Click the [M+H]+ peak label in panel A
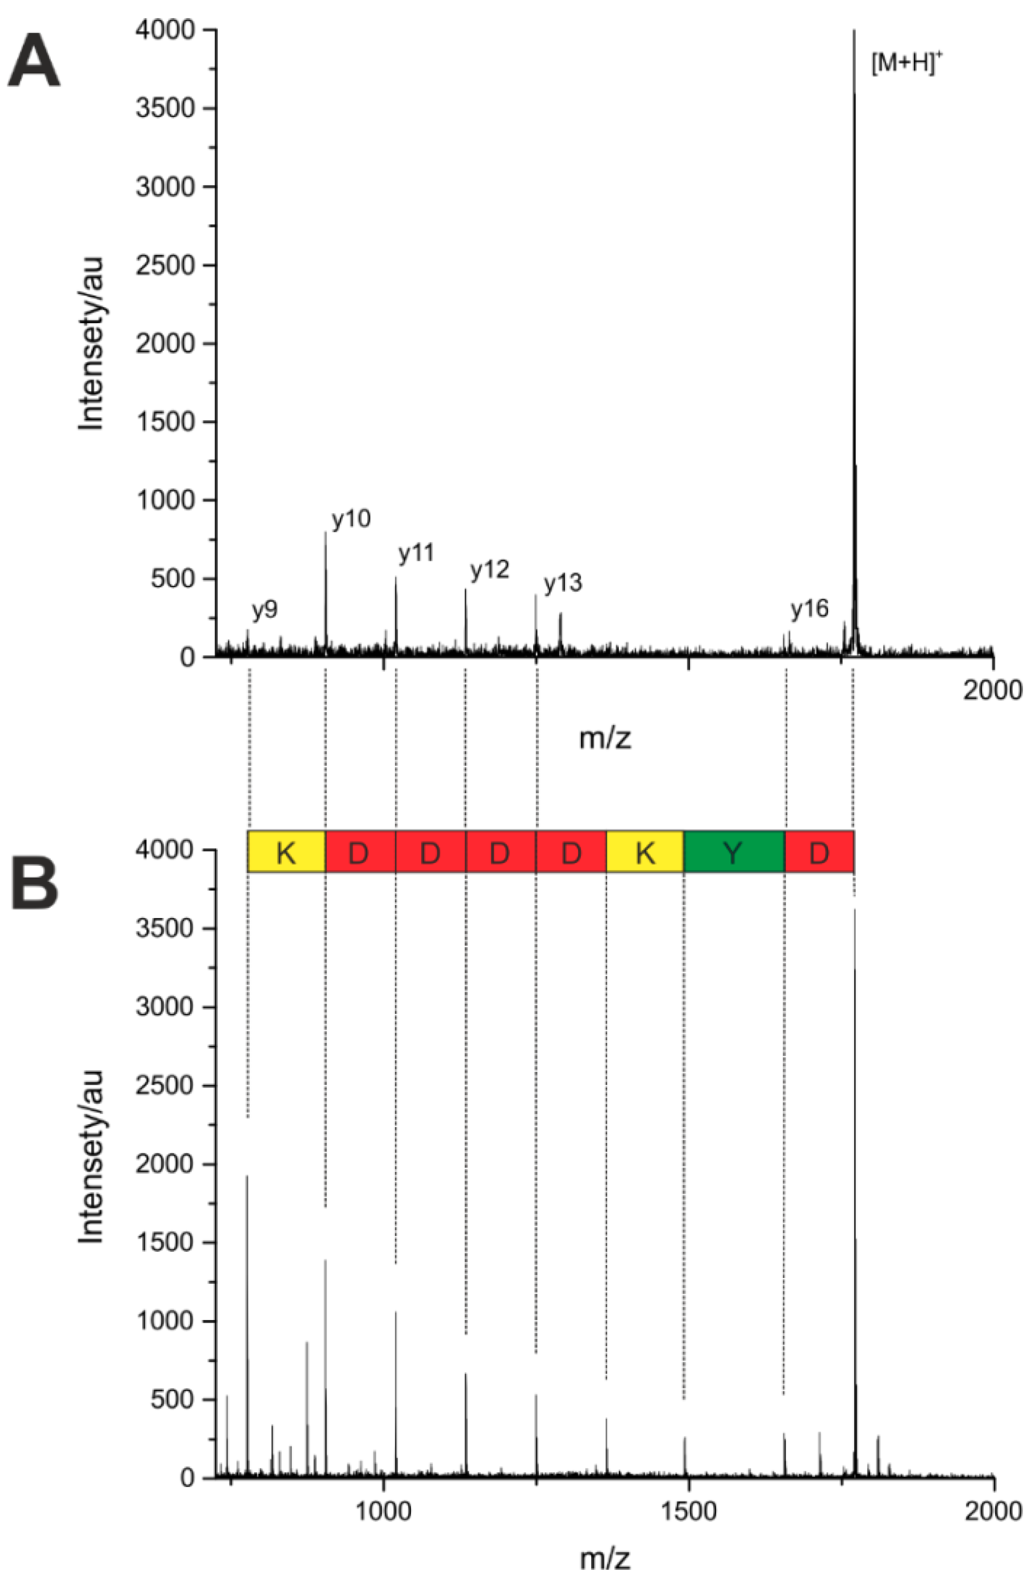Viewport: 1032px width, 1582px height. [x=906, y=64]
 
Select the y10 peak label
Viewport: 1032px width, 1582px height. [x=350, y=519]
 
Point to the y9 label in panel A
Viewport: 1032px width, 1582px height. [x=264, y=610]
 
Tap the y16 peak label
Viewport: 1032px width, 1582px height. [x=809, y=608]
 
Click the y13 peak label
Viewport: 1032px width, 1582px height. [x=562, y=583]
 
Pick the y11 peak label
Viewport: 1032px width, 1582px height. [x=415, y=553]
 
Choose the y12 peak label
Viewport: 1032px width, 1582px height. [x=489, y=570]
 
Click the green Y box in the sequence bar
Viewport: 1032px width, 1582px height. [x=733, y=851]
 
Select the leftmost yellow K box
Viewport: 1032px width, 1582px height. [x=286, y=851]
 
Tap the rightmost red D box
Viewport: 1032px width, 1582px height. [x=818, y=851]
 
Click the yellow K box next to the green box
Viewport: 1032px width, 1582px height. [x=644, y=851]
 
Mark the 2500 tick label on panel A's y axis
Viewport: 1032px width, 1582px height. [x=165, y=265]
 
